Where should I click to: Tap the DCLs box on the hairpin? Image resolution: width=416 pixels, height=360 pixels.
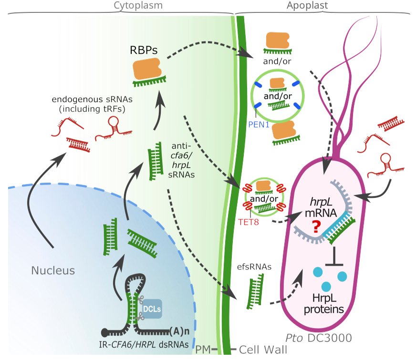[x=151, y=309]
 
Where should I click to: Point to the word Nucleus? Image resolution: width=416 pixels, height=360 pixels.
[x=53, y=271]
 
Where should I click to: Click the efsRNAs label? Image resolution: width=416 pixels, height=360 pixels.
[x=254, y=267]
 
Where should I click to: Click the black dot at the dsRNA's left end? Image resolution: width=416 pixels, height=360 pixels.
[x=105, y=331]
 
